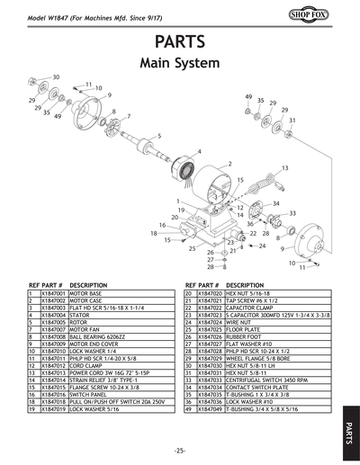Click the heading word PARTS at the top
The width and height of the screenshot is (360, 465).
180,42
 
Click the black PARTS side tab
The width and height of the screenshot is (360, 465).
350,431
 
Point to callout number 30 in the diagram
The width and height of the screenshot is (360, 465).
56,78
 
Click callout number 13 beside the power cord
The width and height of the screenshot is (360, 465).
285,168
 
